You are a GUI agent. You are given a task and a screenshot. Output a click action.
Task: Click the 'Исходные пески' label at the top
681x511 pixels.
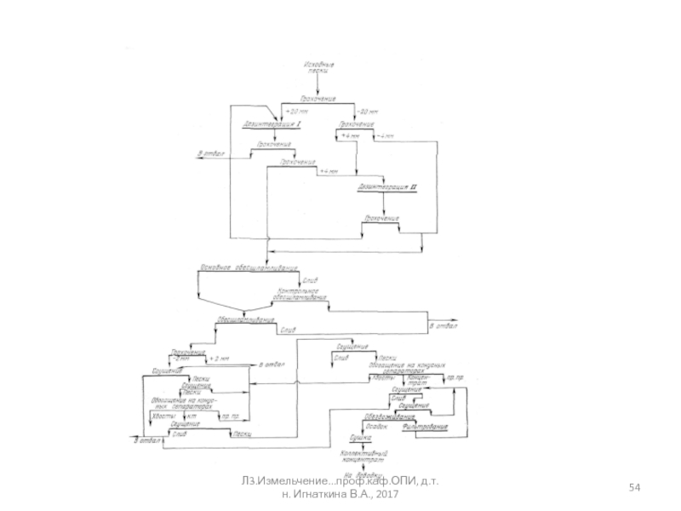318,67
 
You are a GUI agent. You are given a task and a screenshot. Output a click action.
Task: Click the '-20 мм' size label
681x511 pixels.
366,112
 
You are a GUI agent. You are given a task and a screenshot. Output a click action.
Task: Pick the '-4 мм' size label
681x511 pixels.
384,136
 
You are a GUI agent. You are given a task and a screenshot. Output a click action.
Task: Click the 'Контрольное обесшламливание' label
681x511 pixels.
300,294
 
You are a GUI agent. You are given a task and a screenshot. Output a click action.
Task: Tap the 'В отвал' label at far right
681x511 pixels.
443,326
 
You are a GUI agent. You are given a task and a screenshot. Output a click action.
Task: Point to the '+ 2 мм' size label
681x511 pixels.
220,358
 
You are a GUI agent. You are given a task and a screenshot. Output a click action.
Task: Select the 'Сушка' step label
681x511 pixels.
361,438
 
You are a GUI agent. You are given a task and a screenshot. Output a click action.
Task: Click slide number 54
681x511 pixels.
635,486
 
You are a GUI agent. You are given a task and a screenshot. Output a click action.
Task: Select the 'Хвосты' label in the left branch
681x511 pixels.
164,416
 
